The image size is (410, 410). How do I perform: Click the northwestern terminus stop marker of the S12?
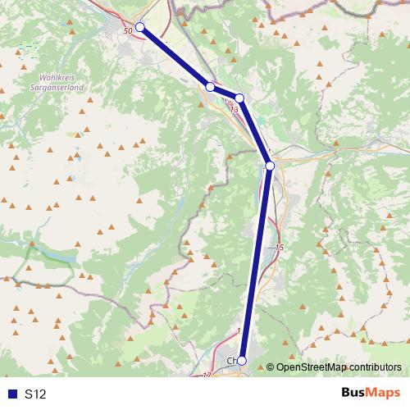(139, 27)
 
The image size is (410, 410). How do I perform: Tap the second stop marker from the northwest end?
(210, 86)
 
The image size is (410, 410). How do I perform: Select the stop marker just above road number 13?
(239, 98)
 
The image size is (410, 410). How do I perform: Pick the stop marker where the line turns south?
(270, 166)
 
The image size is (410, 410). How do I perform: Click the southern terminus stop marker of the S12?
(241, 360)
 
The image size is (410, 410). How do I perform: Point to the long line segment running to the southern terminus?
(256, 262)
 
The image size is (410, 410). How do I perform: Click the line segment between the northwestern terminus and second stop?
(175, 57)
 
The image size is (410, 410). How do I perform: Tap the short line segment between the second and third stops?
(225, 92)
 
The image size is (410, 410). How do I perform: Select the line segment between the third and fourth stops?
(255, 132)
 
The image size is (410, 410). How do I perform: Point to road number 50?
(126, 30)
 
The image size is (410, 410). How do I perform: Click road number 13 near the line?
(235, 108)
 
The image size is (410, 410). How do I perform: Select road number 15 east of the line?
(280, 247)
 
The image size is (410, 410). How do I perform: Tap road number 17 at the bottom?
(207, 374)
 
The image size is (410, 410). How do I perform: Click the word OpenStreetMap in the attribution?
(307, 367)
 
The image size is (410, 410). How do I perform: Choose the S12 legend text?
(35, 394)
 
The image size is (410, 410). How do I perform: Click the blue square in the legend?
(11, 394)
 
